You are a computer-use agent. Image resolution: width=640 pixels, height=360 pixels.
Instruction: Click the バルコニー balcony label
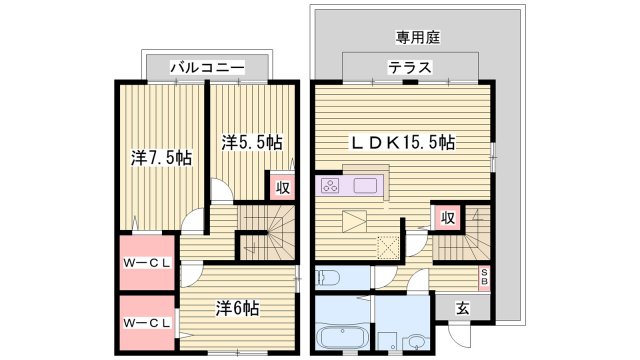pos(207,67)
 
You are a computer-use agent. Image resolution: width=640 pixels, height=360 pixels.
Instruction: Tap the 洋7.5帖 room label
pos(161,158)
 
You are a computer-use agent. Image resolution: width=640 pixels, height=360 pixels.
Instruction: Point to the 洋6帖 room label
pos(237,308)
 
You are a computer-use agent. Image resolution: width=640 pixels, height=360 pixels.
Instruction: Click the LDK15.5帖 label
pos(400,143)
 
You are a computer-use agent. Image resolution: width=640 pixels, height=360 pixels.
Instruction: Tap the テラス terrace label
pos(410,67)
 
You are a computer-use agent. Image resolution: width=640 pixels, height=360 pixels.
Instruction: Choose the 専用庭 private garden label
pos(418,37)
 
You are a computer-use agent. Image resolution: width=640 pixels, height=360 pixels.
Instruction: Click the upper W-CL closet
pos(146,264)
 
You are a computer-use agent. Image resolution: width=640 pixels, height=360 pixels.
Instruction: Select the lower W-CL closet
pos(146,323)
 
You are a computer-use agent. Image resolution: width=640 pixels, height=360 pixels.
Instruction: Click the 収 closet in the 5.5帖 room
pos(283,186)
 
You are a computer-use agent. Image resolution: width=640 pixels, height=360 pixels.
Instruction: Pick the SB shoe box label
pos(485,276)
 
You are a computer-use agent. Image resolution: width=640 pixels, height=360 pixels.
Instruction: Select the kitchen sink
pos(363,185)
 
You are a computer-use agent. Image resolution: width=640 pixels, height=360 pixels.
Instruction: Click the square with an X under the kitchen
pos(386,243)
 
